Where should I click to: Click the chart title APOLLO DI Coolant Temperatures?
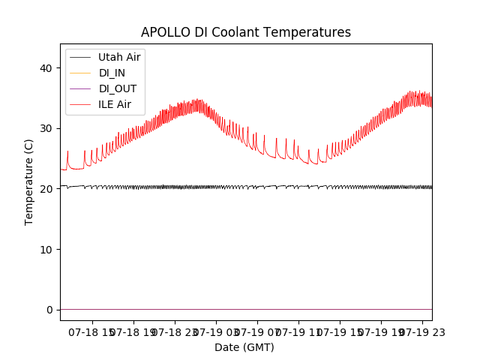(x=246, y=33)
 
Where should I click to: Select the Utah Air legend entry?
(x=119, y=57)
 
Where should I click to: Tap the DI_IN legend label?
(x=113, y=73)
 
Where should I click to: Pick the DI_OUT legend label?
(x=118, y=88)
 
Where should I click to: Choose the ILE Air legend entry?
(x=115, y=104)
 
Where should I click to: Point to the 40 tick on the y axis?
(x=46, y=68)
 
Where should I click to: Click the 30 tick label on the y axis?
(x=46, y=128)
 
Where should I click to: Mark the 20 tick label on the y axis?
(x=46, y=189)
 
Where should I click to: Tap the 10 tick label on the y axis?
(x=46, y=249)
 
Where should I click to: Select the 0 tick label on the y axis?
(x=49, y=310)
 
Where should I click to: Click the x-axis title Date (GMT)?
(x=244, y=347)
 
